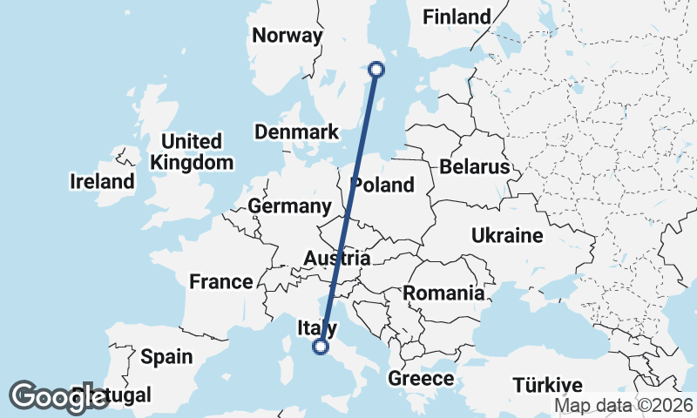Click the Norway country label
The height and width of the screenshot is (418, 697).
pos(287,36)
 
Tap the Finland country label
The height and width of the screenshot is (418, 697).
pos(456,17)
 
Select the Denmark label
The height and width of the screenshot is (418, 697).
pos(296,132)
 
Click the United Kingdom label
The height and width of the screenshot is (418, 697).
pos(192,152)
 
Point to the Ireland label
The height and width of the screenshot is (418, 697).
pos(103,182)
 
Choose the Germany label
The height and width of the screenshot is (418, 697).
pos(289,206)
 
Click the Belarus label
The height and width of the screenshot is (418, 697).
pos(474,166)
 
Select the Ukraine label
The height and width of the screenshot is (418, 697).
pos(507,236)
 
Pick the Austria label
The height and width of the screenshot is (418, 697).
pos(337,259)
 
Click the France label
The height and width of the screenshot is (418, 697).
pos(221,281)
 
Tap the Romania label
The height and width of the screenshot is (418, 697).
pos(443,293)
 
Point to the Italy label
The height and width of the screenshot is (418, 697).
pos(317,327)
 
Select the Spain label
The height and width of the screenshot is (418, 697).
pos(166,356)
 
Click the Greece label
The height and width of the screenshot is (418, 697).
pos(421,379)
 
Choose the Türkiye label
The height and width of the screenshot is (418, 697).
pos(547,385)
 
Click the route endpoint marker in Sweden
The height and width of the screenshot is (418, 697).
pos(377,70)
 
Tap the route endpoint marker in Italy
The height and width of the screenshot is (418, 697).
pos(321,347)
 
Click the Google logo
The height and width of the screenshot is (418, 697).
pos(59,397)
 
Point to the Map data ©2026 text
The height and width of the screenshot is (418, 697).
pos(624,406)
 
